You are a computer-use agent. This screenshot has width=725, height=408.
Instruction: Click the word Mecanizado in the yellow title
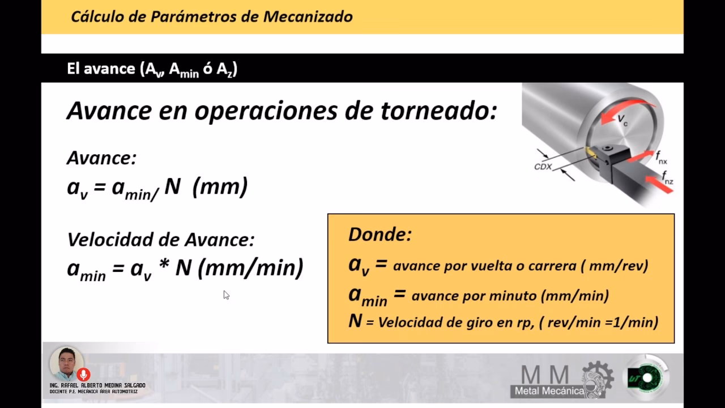tap(308, 16)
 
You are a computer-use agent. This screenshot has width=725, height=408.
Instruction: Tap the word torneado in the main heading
tap(439, 110)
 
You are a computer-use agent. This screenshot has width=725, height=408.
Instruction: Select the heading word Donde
tap(380, 234)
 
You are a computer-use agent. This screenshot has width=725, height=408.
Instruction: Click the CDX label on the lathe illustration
tap(543, 167)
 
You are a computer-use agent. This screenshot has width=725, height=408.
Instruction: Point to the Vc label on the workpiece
tap(622, 120)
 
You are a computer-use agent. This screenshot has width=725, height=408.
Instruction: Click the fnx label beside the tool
tap(661, 158)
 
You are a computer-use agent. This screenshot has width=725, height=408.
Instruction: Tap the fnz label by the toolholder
tap(667, 178)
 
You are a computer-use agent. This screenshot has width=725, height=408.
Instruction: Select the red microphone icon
tap(83, 375)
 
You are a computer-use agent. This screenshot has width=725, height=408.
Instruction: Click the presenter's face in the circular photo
tap(67, 362)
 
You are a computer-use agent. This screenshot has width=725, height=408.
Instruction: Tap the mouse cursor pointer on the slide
tap(226, 295)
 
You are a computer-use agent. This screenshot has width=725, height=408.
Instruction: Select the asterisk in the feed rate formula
tap(164, 264)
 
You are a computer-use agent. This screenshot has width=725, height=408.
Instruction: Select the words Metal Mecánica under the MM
tap(549, 391)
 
